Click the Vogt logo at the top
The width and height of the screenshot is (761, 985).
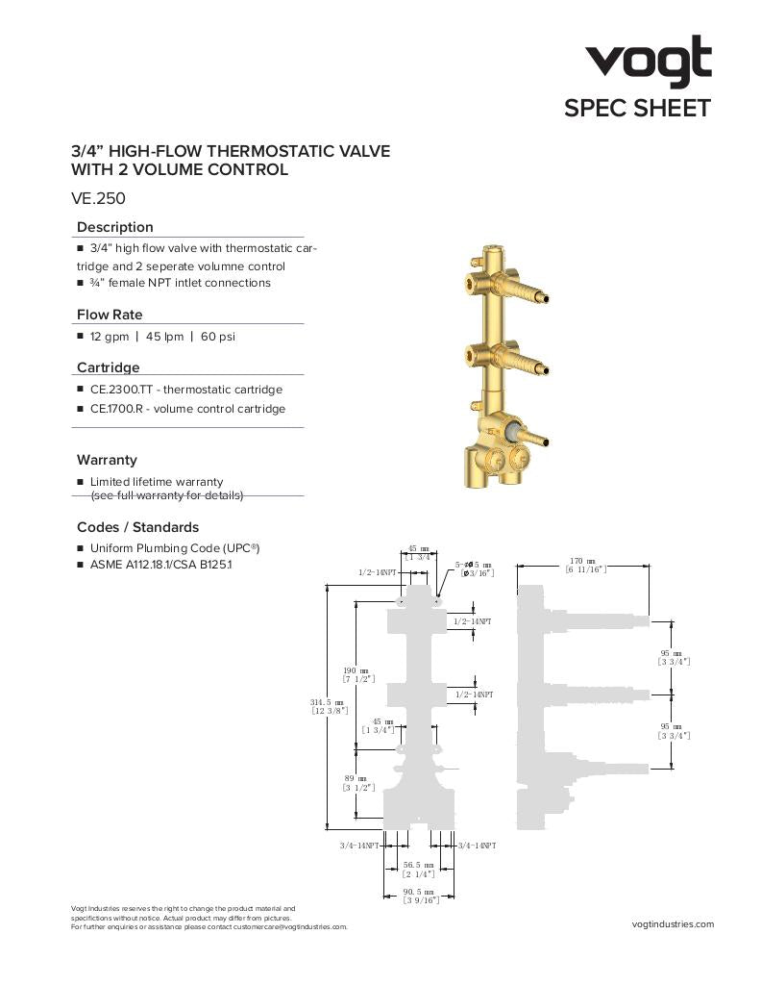pos(650,62)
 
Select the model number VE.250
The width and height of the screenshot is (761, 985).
pos(99,199)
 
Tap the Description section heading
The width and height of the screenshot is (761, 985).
pos(114,227)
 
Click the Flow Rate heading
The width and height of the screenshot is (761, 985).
pos(110,315)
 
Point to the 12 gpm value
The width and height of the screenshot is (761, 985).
pos(108,337)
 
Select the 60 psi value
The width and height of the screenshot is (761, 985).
pos(218,337)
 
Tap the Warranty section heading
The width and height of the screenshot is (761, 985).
pos(107,460)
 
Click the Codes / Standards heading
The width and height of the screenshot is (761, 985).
pos(137,527)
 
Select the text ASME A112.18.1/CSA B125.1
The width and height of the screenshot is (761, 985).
pos(160,565)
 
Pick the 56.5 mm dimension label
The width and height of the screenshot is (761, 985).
pos(419,865)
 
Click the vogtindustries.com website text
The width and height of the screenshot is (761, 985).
pos(674,924)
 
